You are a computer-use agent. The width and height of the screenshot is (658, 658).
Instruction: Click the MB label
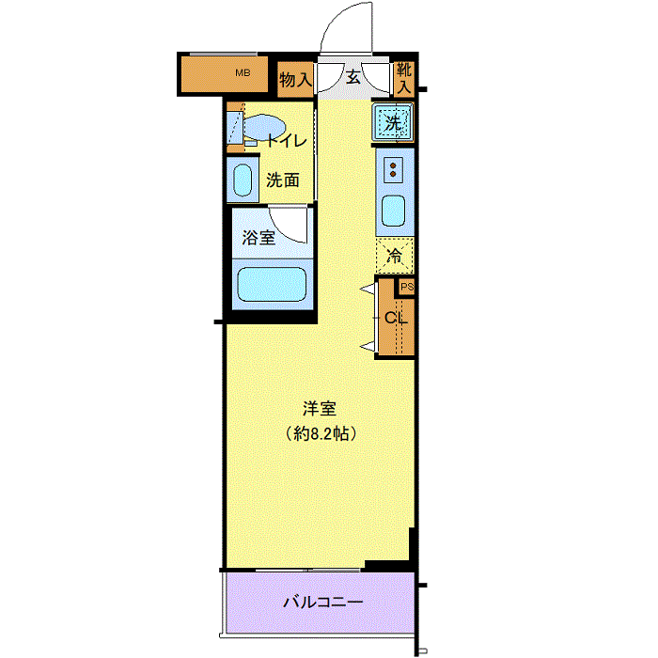[x=243, y=71]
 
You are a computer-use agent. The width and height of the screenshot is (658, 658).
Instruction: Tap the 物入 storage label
[x=295, y=80]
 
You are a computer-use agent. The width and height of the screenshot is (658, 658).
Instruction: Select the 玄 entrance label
[x=352, y=77]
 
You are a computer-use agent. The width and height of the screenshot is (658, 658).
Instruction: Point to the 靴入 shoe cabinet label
[x=403, y=77]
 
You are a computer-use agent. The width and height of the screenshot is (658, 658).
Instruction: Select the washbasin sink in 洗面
[x=243, y=180]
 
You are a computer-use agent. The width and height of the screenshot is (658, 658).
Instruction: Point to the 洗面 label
[x=282, y=180]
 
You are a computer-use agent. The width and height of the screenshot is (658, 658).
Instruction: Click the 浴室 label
[x=258, y=238]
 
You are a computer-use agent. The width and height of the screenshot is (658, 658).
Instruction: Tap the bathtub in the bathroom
[x=273, y=284]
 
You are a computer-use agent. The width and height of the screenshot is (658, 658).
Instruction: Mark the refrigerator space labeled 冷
[x=395, y=254]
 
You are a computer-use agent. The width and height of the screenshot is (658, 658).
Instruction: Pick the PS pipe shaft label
[x=406, y=287]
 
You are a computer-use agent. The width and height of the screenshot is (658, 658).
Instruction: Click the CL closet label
[x=396, y=318]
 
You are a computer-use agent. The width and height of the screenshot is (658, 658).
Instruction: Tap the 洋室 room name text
[x=320, y=409]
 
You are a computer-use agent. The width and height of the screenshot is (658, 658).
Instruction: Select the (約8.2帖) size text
[x=320, y=434]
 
